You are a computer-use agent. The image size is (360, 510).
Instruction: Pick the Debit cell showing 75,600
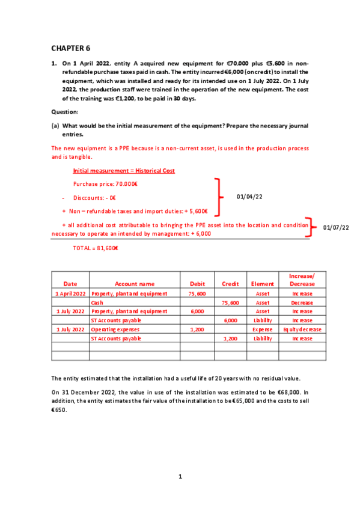(197, 293)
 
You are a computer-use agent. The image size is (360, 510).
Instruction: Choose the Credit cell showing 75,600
(230, 303)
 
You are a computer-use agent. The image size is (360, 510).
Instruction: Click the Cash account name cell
(97, 303)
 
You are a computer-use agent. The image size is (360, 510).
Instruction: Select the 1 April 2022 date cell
(70, 293)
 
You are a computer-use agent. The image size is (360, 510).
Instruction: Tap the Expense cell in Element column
(263, 330)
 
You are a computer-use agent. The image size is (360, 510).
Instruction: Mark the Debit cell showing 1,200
(197, 330)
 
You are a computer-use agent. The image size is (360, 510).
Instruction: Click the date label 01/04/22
(250, 196)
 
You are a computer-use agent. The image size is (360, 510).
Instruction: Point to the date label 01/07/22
(336, 227)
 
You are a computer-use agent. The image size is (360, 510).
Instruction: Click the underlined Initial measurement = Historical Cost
(124, 171)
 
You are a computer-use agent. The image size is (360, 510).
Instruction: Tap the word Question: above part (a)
(64, 112)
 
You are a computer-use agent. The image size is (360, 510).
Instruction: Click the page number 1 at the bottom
(180, 477)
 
